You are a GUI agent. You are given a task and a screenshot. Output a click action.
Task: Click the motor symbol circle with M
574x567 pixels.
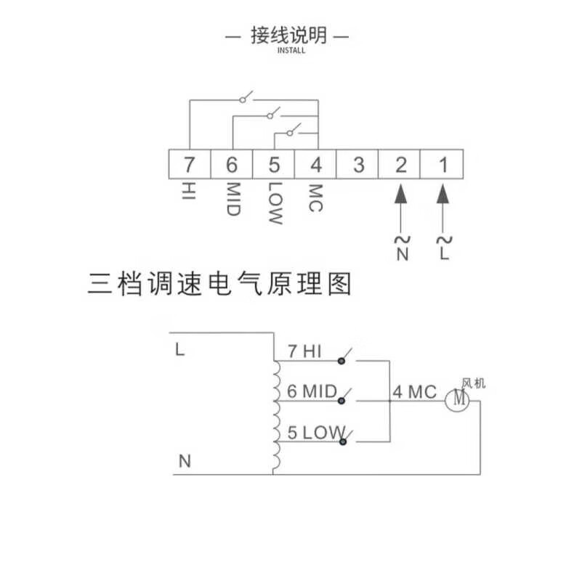click(x=458, y=399)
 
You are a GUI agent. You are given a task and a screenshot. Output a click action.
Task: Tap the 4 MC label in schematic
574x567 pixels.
click(x=415, y=393)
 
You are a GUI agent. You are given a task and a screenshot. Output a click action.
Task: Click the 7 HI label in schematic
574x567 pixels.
click(x=304, y=351)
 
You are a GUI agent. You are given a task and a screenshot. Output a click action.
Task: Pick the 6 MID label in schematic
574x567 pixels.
click(x=312, y=392)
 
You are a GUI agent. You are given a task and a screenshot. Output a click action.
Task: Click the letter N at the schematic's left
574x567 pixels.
click(x=184, y=461)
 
